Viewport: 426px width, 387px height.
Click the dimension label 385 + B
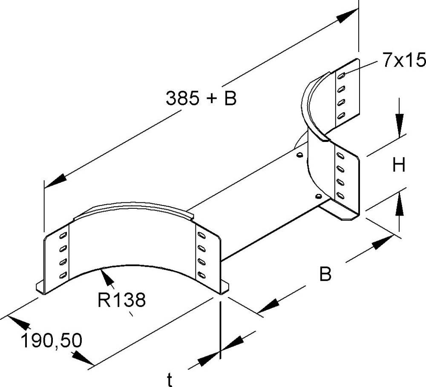tap(201, 98)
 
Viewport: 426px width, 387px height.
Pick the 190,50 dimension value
tap(52, 341)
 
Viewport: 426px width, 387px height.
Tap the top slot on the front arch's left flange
tap(63, 235)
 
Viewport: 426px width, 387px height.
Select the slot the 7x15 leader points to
tap(341, 76)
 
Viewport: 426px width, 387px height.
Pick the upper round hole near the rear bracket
tap(299, 155)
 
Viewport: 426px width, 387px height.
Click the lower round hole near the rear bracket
tap(318, 196)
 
